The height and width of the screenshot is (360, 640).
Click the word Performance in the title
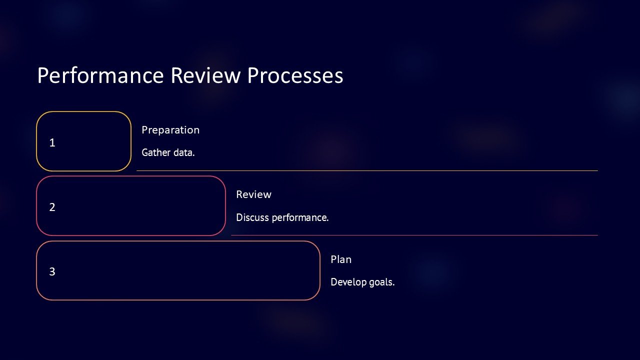[x=100, y=75]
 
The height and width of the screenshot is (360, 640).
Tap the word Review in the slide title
[x=205, y=75]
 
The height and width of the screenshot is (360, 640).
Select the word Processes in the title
[x=295, y=75]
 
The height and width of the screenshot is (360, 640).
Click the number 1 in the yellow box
[x=52, y=142]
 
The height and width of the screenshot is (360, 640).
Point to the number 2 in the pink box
[x=52, y=207]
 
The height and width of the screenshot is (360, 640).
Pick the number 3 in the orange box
[x=52, y=271]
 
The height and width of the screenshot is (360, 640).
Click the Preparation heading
[x=170, y=130]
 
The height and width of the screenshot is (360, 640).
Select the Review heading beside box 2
[x=253, y=194]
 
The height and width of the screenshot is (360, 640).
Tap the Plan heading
[x=341, y=259]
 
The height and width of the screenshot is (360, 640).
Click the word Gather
[x=156, y=152]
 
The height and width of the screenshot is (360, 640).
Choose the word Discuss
[x=252, y=217]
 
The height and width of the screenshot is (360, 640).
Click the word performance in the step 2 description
[x=300, y=217]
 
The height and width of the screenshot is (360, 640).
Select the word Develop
[x=348, y=282]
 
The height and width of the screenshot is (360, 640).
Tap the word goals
[x=382, y=282]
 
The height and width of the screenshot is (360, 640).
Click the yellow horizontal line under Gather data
[x=367, y=171]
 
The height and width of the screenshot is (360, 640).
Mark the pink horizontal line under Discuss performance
[x=414, y=235]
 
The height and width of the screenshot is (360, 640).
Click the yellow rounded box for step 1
[x=83, y=141]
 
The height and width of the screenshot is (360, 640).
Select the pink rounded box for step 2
[x=131, y=205]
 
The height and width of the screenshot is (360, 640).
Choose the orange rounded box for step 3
[x=178, y=270]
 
